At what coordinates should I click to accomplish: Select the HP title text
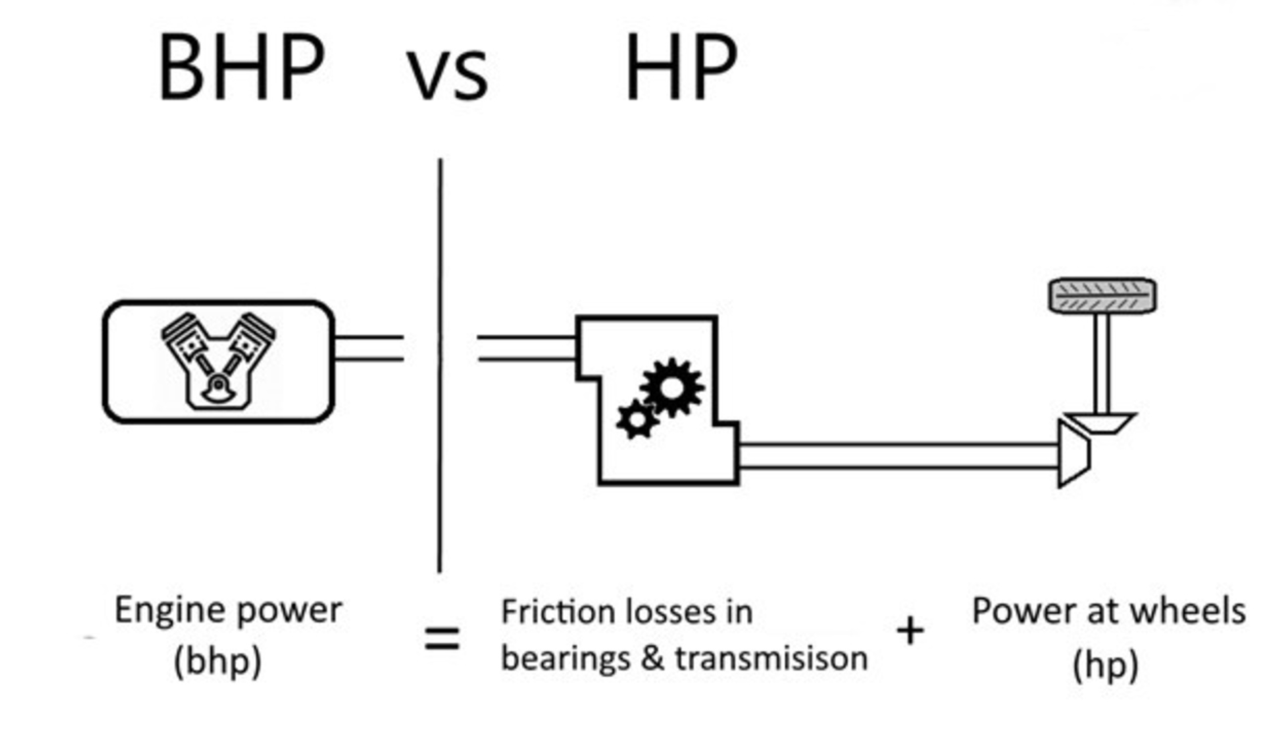(681, 68)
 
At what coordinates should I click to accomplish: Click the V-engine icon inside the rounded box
(218, 361)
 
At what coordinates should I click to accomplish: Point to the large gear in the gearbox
(672, 387)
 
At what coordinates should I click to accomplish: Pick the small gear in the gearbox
(636, 420)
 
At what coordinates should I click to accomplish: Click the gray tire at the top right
(1102, 296)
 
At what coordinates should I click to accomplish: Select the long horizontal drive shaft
(897, 456)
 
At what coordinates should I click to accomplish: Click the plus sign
(910, 631)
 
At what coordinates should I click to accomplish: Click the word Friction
(541, 612)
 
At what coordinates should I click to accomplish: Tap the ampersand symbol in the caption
(652, 659)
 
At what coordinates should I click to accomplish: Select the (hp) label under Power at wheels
(1105, 665)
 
